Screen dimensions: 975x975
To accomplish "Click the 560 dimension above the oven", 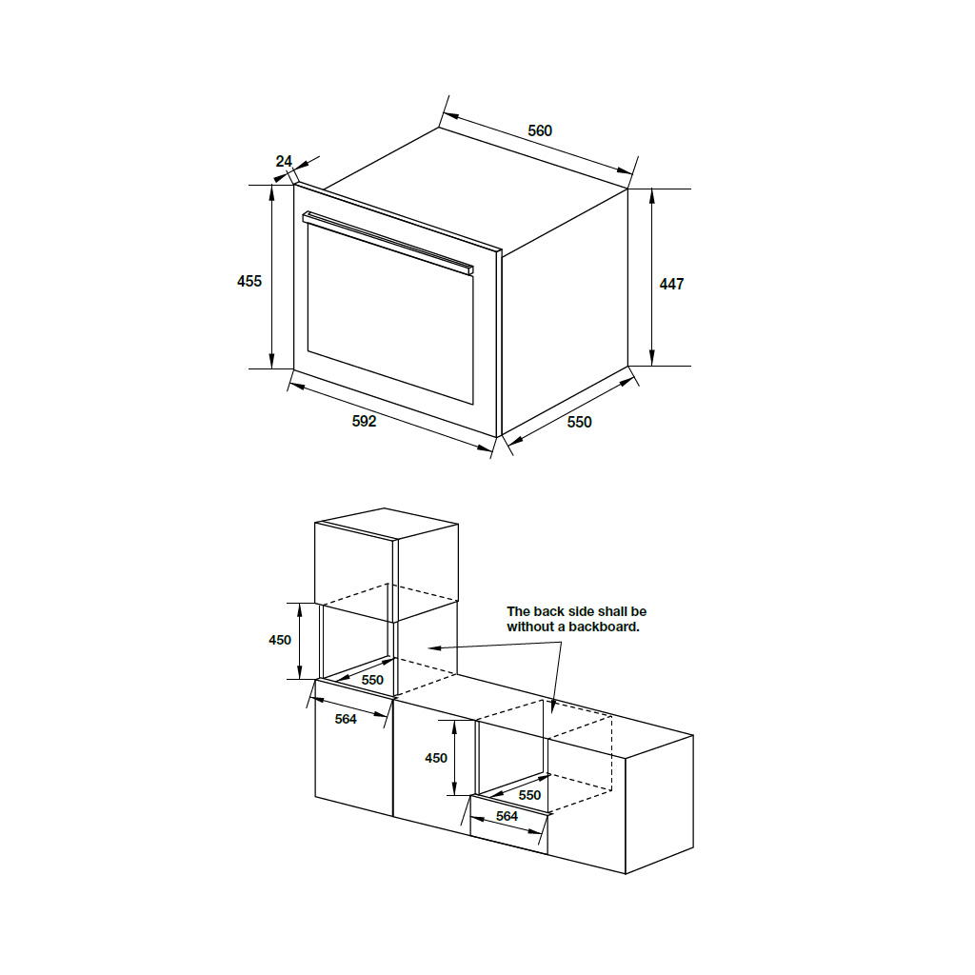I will (x=540, y=131).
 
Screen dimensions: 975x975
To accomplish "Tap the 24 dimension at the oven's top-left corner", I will (x=284, y=161).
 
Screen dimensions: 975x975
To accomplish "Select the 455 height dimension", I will (x=249, y=281).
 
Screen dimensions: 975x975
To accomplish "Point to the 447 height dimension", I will (x=671, y=284).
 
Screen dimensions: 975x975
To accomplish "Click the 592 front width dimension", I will (x=364, y=421).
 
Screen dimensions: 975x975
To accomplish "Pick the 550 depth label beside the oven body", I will (x=579, y=422).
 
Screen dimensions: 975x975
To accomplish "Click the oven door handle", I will (x=388, y=244).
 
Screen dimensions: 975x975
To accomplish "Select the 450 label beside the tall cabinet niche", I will (x=280, y=641).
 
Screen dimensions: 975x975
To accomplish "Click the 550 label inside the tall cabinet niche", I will (x=372, y=680).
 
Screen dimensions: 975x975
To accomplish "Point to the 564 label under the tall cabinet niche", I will (x=346, y=719).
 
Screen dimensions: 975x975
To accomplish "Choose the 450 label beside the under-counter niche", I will (x=435, y=758).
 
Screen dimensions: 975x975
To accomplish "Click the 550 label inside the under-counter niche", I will (x=529, y=794).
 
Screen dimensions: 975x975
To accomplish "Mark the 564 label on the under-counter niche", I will (x=507, y=816).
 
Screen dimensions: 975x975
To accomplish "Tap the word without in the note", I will (x=527, y=627).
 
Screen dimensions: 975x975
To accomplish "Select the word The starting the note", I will (x=518, y=611).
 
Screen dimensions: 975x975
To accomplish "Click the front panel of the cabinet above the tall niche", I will (x=355, y=564).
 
